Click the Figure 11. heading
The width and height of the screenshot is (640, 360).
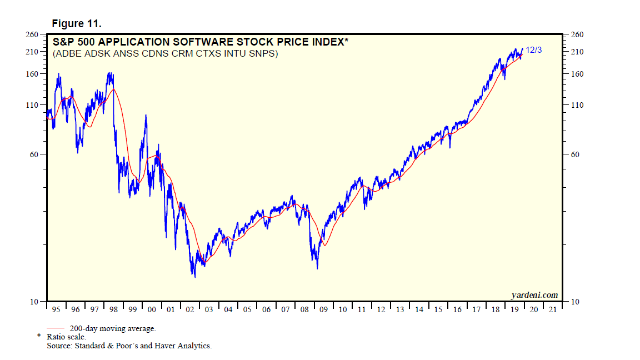[x=76, y=24]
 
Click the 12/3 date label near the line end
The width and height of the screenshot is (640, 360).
[x=534, y=50]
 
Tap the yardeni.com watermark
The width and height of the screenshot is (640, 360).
[x=534, y=295]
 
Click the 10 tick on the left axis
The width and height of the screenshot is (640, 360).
[x=34, y=302]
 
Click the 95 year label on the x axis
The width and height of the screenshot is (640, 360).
[x=56, y=310]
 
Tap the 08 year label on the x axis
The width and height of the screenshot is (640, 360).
[x=304, y=310]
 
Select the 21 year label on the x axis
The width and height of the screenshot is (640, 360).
[x=553, y=310]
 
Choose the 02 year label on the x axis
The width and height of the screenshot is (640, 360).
[x=189, y=310]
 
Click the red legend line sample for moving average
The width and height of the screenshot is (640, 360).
[x=57, y=328]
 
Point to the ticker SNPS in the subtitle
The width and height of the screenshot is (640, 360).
[x=264, y=54]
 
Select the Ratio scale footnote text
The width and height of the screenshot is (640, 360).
[x=66, y=337]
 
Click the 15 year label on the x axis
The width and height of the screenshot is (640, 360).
[x=438, y=310]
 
